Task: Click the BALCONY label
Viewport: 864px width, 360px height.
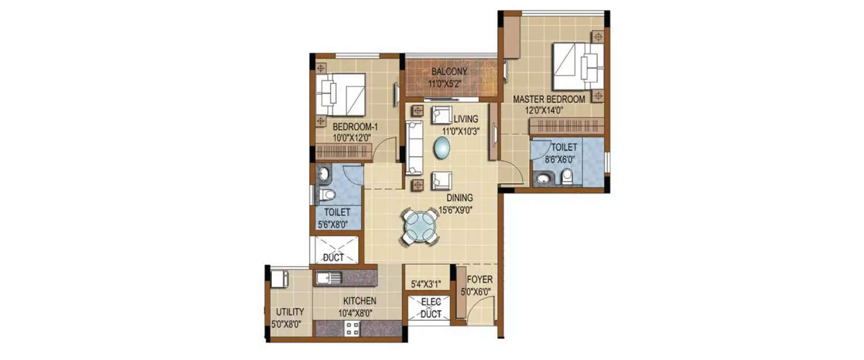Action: click(x=449, y=72)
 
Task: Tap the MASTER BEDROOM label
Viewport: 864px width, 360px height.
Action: click(x=549, y=99)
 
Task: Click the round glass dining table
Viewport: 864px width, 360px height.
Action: click(x=420, y=226)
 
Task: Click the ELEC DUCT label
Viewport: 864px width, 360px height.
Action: click(x=431, y=308)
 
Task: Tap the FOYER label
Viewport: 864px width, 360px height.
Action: click(x=479, y=280)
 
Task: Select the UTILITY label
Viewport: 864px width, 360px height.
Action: click(x=290, y=312)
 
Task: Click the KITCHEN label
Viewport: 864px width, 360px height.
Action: click(x=359, y=301)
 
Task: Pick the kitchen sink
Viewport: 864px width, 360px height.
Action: click(x=328, y=278)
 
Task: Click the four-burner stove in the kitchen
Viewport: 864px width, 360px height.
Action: click(x=352, y=329)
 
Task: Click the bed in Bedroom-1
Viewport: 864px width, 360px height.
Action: click(x=340, y=94)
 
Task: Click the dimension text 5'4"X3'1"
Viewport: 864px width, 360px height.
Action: click(x=426, y=283)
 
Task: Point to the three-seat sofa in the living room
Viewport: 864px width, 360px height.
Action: click(x=414, y=147)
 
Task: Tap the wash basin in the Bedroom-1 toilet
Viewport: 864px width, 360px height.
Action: click(x=323, y=173)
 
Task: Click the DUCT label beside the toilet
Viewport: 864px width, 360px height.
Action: click(x=334, y=257)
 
